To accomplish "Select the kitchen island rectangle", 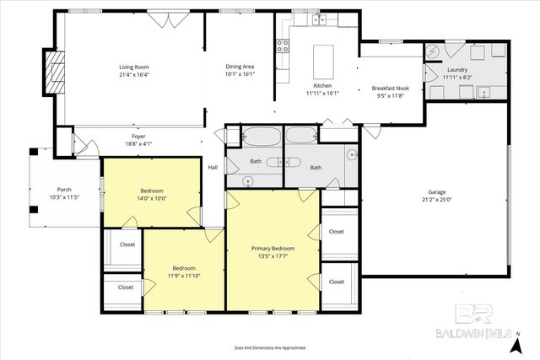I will point(325,61).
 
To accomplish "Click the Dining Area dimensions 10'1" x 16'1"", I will point(240,74).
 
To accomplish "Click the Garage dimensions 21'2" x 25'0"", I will point(437,200).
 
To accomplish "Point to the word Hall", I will point(213,168).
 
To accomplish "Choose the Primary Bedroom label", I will point(273,248).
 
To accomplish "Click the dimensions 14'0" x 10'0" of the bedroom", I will point(152,199).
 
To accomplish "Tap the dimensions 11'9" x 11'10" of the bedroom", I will point(184,276).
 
